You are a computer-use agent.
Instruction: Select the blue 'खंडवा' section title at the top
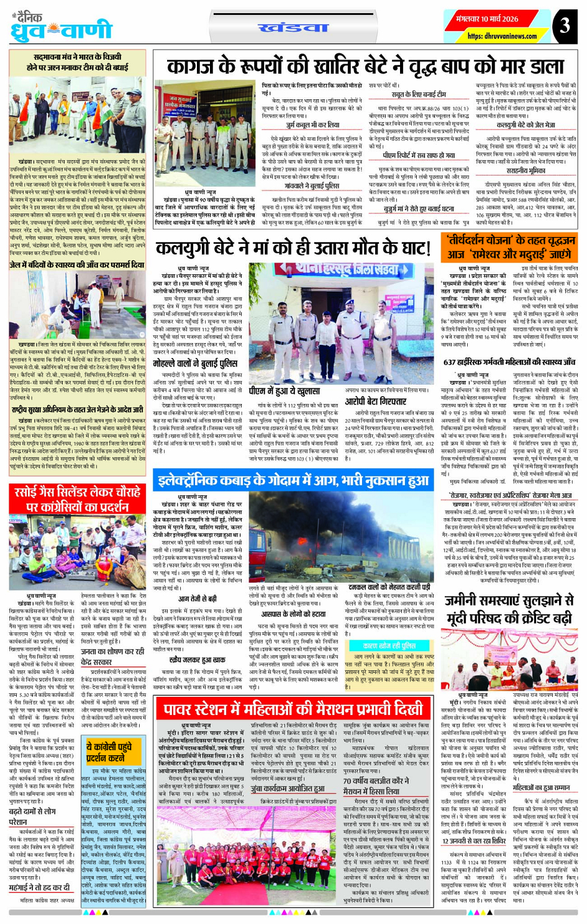(293, 27)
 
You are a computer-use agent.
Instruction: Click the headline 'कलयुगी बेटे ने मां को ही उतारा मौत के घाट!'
(293, 248)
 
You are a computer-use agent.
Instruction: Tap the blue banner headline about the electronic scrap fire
(293, 480)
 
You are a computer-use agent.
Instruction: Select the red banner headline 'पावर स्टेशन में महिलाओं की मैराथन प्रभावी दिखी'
(293, 709)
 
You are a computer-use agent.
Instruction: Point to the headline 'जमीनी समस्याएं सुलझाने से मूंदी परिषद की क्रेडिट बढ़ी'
(509, 609)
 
